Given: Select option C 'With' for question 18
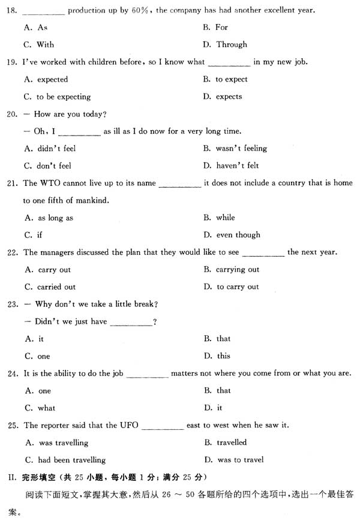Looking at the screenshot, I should (40, 44).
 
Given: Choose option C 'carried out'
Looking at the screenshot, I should (51, 287).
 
